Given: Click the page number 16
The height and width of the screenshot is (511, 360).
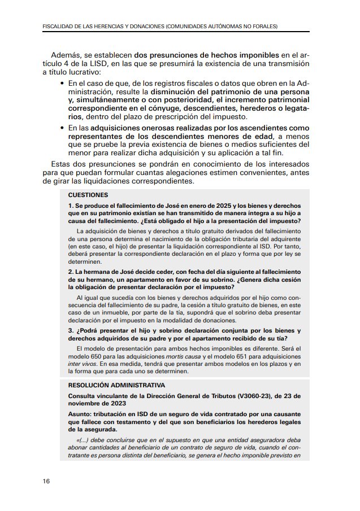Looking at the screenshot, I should (46, 481).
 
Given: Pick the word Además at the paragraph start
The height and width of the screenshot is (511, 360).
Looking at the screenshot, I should (65, 56).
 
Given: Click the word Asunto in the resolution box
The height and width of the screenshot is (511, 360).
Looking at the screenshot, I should (81, 413).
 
